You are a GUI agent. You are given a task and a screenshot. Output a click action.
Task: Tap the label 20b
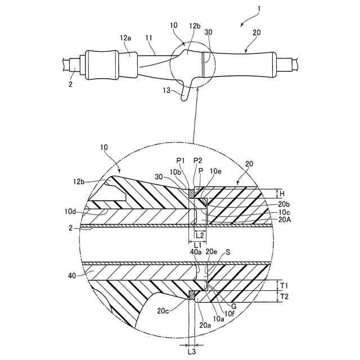click(285, 204)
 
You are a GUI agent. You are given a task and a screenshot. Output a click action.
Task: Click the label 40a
click(196, 252)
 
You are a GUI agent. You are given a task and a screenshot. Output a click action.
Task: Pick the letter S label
click(228, 253)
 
